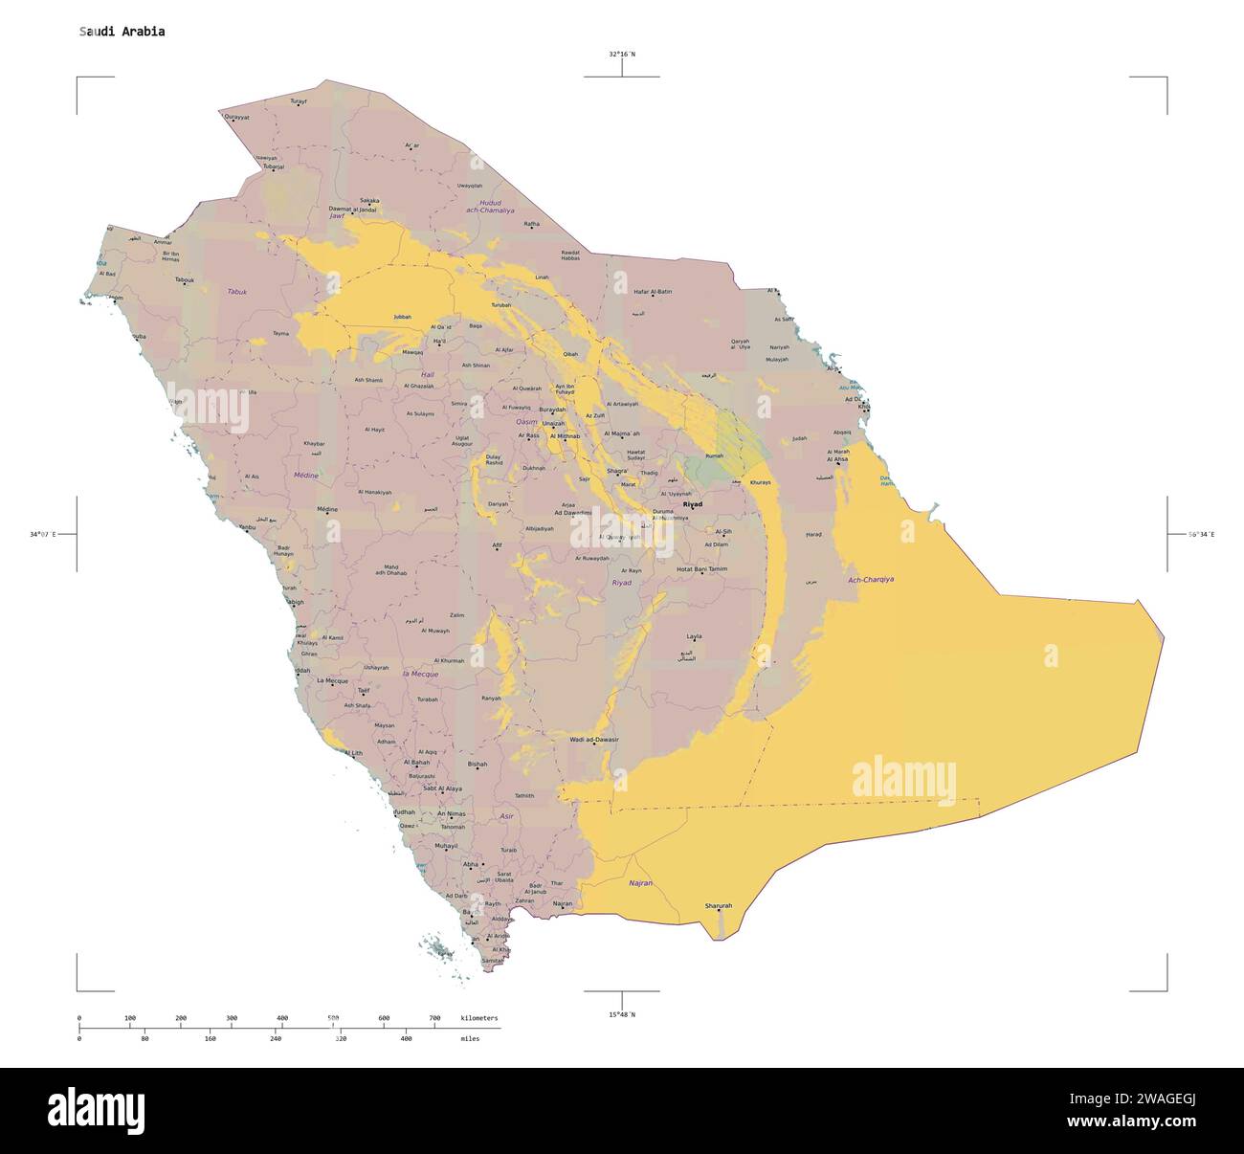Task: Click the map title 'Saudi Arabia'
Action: click(x=122, y=32)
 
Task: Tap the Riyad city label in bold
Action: click(x=692, y=504)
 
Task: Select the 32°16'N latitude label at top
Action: click(x=621, y=55)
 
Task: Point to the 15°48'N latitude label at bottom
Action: click(x=621, y=1014)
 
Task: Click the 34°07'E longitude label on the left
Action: click(x=42, y=534)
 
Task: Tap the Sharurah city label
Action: click(x=718, y=905)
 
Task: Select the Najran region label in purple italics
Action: click(x=640, y=883)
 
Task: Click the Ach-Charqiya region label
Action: click(x=871, y=579)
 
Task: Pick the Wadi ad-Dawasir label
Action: click(x=593, y=740)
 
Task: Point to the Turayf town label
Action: click(x=299, y=100)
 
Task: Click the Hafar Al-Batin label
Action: click(x=653, y=291)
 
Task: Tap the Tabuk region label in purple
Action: click(x=236, y=291)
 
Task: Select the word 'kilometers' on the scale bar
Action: click(x=478, y=1018)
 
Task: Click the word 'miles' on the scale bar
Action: click(x=470, y=1038)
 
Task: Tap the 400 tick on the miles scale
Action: click(x=406, y=1038)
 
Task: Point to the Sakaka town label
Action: click(x=368, y=201)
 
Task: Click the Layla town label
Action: click(x=694, y=636)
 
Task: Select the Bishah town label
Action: click(x=478, y=765)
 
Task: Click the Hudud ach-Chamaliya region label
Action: click(x=490, y=206)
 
